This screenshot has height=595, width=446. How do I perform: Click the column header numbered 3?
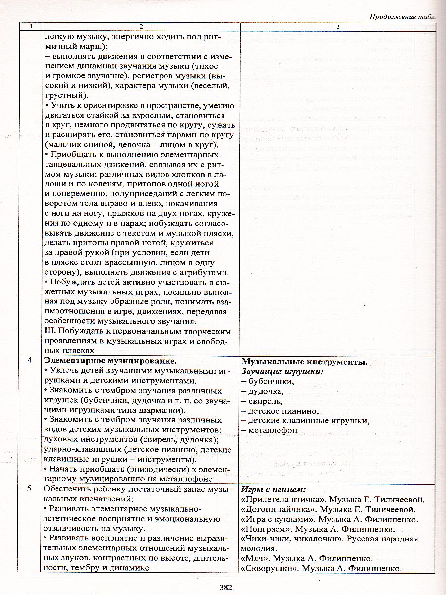click(337, 26)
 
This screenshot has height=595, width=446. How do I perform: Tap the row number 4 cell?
click(30, 362)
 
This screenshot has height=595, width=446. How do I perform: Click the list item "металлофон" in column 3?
click(272, 430)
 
